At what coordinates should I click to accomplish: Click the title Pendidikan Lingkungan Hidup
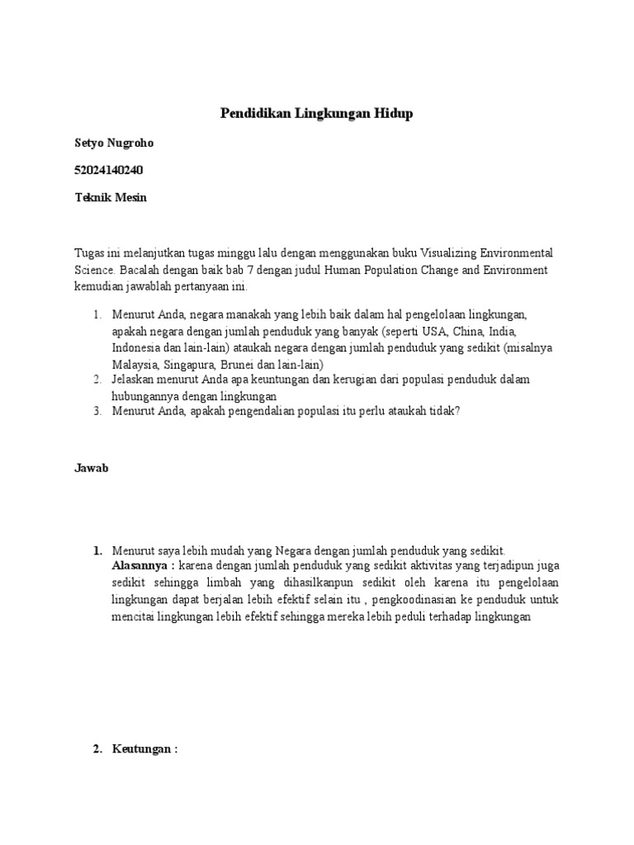[316, 114]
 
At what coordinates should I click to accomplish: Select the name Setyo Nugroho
[114, 143]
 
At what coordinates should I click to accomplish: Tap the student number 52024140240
[113, 171]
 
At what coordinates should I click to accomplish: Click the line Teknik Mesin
[111, 199]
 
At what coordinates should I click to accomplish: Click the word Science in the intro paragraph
[95, 270]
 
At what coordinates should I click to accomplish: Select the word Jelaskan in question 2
[134, 380]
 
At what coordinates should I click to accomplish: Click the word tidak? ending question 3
[442, 412]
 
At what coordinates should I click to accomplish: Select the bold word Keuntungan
[144, 749]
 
